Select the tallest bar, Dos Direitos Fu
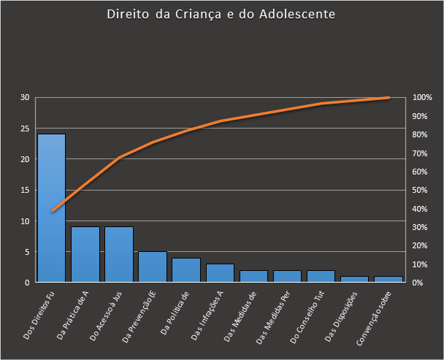pos(51,208)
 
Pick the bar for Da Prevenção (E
pos(153,267)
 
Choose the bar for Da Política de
pos(186,270)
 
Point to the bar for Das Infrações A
pos(220,273)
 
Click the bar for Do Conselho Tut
pos(321,276)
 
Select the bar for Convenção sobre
pos(388,279)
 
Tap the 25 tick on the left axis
pos(24,129)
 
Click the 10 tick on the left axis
pos(24,221)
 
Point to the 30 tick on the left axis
pos(24,98)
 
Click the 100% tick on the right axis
pos(422,98)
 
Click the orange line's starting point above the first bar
pos(52,211)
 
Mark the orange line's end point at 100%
pos(388,98)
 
